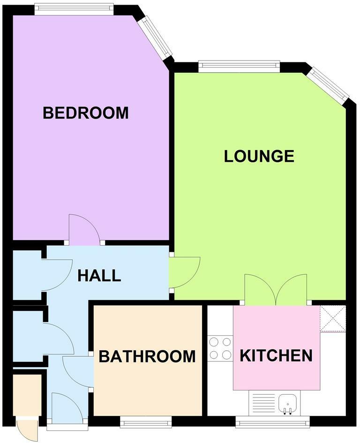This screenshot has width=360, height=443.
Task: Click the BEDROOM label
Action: coord(85,113)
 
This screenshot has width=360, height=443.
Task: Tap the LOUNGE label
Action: coord(259,156)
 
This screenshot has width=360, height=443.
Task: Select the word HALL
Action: coord(99,276)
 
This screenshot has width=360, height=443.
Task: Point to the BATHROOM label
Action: coord(147,357)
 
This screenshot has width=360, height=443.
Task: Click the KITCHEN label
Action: coord(276,356)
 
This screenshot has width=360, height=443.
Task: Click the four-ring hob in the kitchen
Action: coord(220,349)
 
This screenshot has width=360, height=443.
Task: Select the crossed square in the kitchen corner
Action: coord(333,318)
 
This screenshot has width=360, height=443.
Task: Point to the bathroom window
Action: coord(145,423)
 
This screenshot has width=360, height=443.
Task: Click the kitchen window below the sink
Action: coord(272,424)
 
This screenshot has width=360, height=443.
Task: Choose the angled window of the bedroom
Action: coord(155,38)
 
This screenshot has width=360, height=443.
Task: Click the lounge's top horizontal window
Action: coord(239,66)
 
